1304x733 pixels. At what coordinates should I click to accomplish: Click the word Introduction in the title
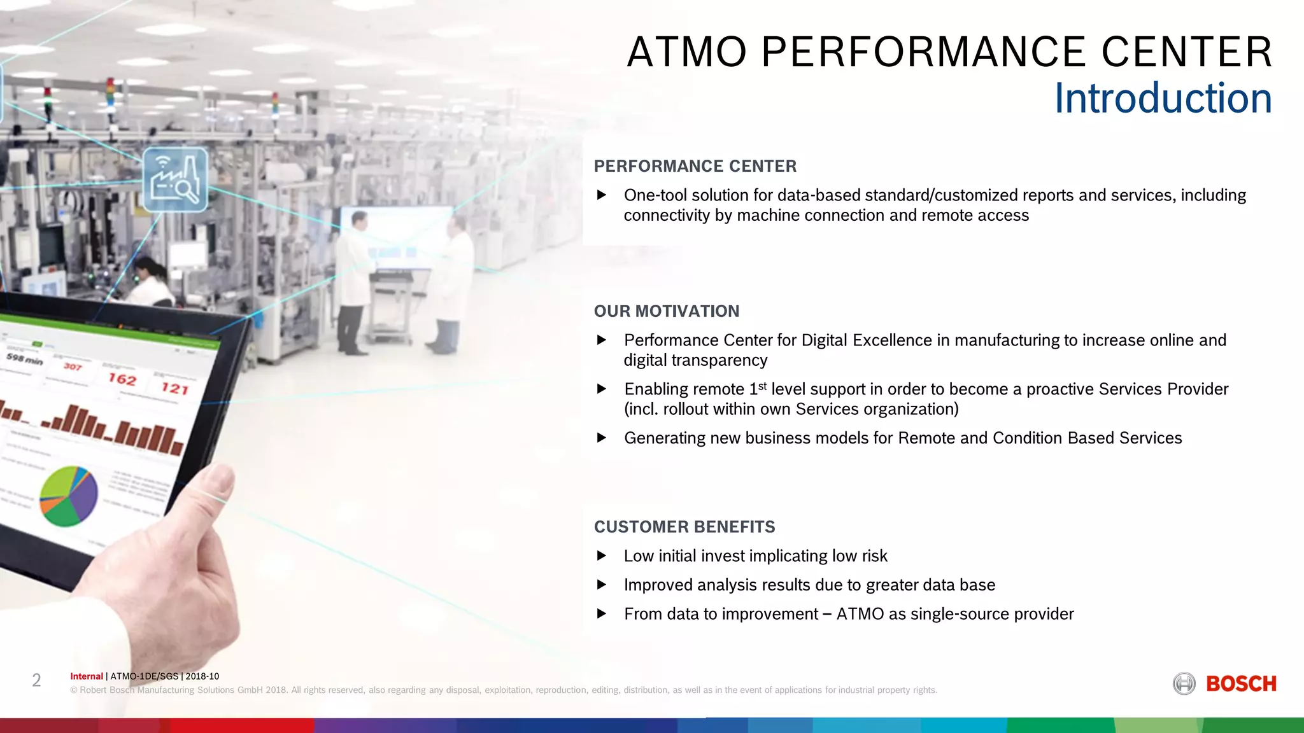pyautogui.click(x=1163, y=99)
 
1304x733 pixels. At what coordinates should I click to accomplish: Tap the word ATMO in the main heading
pyautogui.click(x=687, y=52)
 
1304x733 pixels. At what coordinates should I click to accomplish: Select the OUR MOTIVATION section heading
pyautogui.click(x=666, y=311)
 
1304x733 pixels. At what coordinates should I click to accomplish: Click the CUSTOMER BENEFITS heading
pyautogui.click(x=684, y=527)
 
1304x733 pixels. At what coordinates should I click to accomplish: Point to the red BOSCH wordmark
pyautogui.click(x=1241, y=684)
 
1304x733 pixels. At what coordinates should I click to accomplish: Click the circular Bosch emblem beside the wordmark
pyautogui.click(x=1184, y=684)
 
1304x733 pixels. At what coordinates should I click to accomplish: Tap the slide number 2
pyautogui.click(x=36, y=681)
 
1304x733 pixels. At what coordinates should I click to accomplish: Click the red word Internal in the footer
pyautogui.click(x=86, y=676)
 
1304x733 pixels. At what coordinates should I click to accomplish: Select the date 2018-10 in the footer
pyautogui.click(x=202, y=676)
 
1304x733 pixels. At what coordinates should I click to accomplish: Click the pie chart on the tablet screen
pyautogui.click(x=69, y=496)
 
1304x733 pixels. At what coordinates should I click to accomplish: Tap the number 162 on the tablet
pyautogui.click(x=122, y=379)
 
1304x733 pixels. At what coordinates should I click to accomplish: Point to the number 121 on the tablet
pyautogui.click(x=174, y=388)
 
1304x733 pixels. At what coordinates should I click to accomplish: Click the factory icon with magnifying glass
pyautogui.click(x=175, y=180)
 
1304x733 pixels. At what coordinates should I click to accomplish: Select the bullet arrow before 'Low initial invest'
pyautogui.click(x=602, y=555)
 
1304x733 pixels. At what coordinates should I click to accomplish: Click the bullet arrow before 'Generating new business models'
pyautogui.click(x=602, y=438)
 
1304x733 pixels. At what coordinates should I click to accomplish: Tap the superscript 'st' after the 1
pyautogui.click(x=762, y=386)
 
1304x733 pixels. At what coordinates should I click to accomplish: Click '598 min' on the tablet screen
pyautogui.click(x=24, y=359)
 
